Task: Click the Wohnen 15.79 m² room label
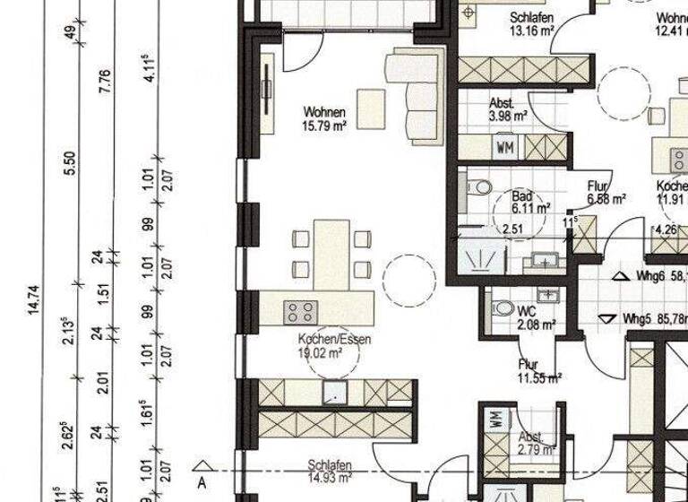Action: (324, 119)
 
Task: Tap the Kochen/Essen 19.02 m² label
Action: (334, 347)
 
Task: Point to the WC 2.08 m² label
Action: (537, 317)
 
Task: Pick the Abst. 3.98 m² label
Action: (507, 109)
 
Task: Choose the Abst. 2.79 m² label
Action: (536, 446)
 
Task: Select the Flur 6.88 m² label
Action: (606, 194)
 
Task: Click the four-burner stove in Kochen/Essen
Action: (301, 312)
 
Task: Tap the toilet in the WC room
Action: (504, 308)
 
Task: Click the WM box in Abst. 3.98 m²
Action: (504, 145)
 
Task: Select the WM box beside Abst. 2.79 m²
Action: (494, 418)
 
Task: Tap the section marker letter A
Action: (203, 480)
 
